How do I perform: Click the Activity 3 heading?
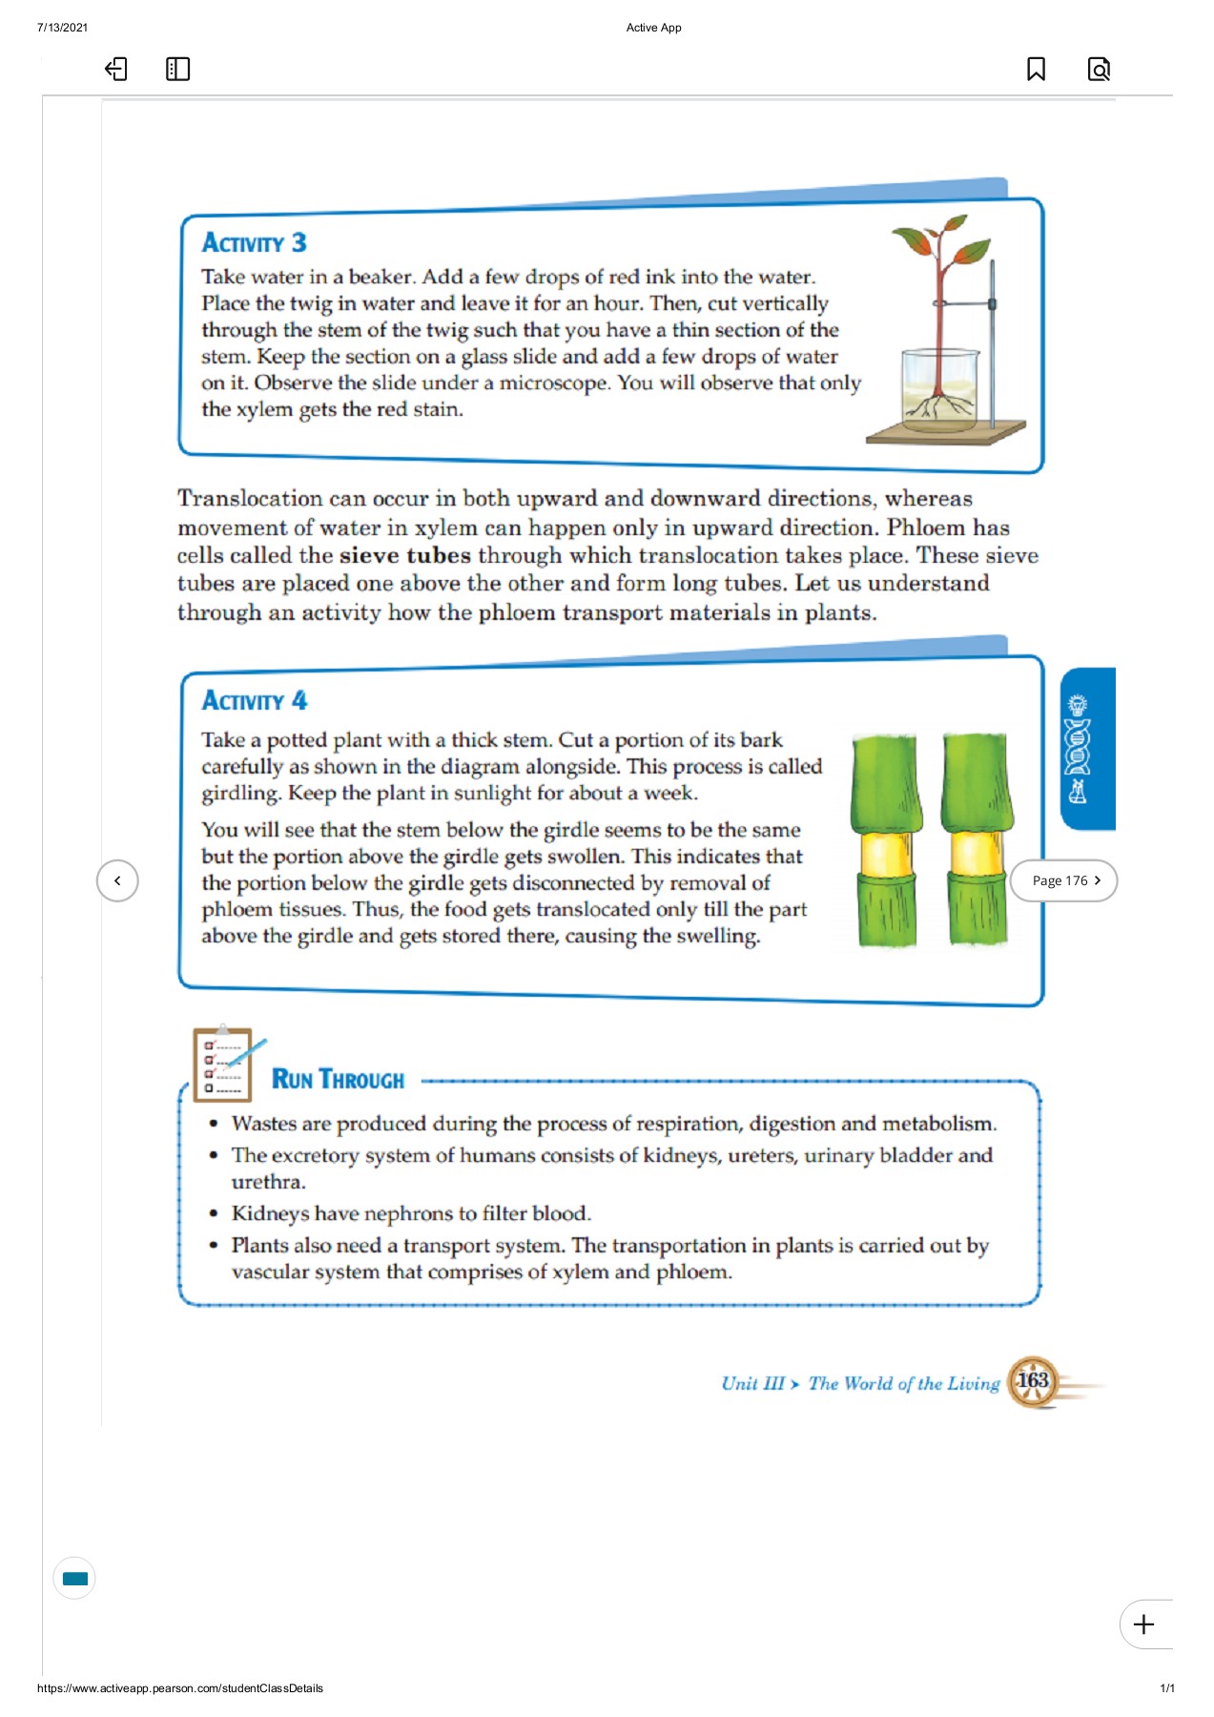click(254, 243)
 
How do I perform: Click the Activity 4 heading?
click(254, 701)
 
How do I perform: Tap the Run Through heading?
click(338, 1079)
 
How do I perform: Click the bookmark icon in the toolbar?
click(1036, 69)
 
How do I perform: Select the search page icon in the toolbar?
click(1099, 69)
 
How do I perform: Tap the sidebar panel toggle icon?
click(177, 69)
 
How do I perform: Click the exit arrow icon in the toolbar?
click(115, 69)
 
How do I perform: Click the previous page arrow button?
click(117, 880)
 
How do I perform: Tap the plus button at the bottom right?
click(1143, 1624)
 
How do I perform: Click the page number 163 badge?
click(1033, 1381)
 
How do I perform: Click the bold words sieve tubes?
click(404, 555)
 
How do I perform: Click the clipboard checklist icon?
click(223, 1065)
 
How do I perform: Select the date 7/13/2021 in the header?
click(62, 28)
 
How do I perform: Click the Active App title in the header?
click(653, 28)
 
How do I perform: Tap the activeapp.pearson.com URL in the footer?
click(180, 1688)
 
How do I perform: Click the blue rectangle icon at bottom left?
click(74, 1579)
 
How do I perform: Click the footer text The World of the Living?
click(903, 1383)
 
